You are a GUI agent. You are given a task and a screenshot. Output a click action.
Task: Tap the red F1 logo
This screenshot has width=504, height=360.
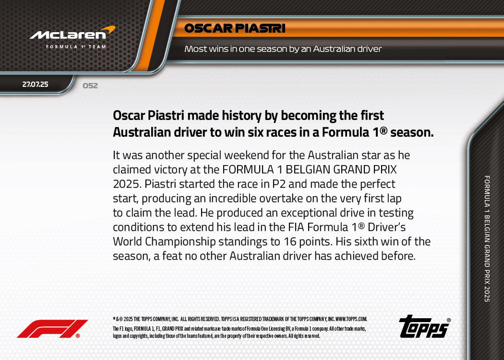52,329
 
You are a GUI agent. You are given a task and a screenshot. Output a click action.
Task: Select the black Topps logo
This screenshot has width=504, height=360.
424,327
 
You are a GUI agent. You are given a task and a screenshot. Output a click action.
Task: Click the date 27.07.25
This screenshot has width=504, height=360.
36,84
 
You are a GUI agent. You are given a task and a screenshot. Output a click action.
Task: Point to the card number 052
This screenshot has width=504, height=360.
90,86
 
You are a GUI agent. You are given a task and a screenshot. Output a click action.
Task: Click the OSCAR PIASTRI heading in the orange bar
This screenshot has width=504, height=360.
235,29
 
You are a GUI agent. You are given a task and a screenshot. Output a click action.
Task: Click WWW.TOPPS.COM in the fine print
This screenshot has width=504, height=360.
351,319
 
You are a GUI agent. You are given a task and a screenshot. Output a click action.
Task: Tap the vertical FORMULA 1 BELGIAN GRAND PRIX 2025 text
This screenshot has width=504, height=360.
487,239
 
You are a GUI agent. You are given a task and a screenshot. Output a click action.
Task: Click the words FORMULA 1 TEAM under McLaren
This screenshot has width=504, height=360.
76,47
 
